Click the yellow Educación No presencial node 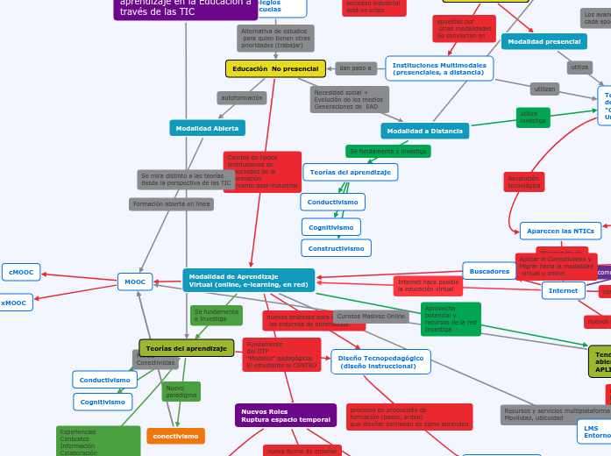coord(275,68)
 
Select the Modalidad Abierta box coord(207,128)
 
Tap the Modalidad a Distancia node coord(424,131)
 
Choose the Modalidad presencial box coord(544,41)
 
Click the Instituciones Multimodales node coord(438,68)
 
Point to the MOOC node coord(135,281)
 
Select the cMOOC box coord(21,273)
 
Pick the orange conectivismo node coord(175,436)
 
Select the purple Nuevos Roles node coord(286,415)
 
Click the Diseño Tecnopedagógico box coord(380,361)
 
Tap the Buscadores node coord(489,272)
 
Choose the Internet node coord(563,290)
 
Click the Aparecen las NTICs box coord(559,231)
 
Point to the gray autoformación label coord(242,98)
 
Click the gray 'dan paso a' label coord(356,68)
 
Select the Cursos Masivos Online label coord(370,316)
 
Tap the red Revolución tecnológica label coord(524,182)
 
